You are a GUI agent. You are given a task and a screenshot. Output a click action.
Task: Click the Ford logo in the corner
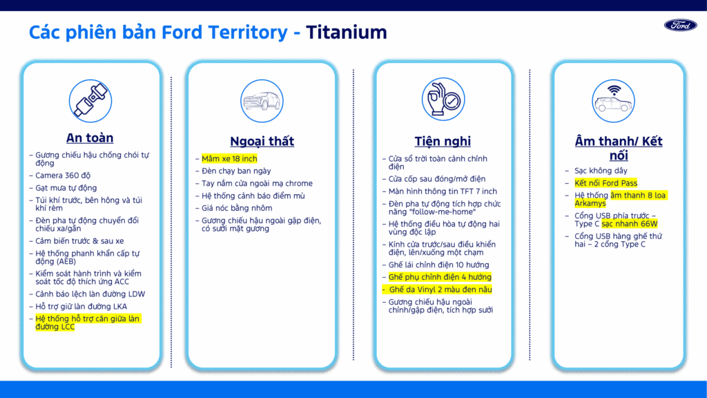pyautogui.click(x=680, y=26)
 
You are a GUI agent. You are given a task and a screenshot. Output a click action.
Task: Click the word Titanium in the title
pyautogui.click(x=347, y=32)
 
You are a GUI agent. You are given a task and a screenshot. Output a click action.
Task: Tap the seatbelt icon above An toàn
pyautogui.click(x=90, y=101)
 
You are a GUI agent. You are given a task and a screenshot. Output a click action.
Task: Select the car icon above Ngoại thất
pyautogui.click(x=262, y=101)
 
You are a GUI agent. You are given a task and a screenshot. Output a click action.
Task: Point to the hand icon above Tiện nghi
pyautogui.click(x=443, y=99)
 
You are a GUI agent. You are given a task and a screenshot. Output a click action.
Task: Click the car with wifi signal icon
pyautogui.click(x=613, y=101)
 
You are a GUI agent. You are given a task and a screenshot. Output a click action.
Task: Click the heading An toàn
pyautogui.click(x=90, y=138)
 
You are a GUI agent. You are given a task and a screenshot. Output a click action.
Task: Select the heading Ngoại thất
pyautogui.click(x=262, y=141)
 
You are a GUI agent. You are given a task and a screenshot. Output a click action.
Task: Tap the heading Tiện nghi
pyautogui.click(x=443, y=141)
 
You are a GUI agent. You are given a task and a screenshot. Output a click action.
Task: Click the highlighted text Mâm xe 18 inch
pyautogui.click(x=229, y=159)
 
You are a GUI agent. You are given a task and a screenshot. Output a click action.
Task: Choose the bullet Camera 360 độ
pyautogui.click(x=63, y=176)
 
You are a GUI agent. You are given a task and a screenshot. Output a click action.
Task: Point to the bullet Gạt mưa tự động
pyautogui.click(x=66, y=188)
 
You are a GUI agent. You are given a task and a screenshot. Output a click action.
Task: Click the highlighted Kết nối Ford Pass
pyautogui.click(x=606, y=183)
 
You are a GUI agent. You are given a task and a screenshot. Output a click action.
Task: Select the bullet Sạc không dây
pyautogui.click(x=601, y=171)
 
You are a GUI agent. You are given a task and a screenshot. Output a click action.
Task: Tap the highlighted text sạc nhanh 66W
pyautogui.click(x=630, y=224)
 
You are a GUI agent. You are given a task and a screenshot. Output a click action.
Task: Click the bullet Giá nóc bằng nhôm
pyautogui.click(x=237, y=208)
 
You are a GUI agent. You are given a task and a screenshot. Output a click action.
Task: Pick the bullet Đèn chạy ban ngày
pyautogui.click(x=236, y=171)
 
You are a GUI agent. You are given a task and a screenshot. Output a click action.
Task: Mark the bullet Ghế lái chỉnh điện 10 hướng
pyautogui.click(x=438, y=265)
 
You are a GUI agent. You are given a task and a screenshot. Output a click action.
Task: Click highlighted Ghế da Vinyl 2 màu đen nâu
pyautogui.click(x=440, y=290)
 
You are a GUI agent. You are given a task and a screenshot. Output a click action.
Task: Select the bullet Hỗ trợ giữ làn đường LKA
pyautogui.click(x=81, y=306)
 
